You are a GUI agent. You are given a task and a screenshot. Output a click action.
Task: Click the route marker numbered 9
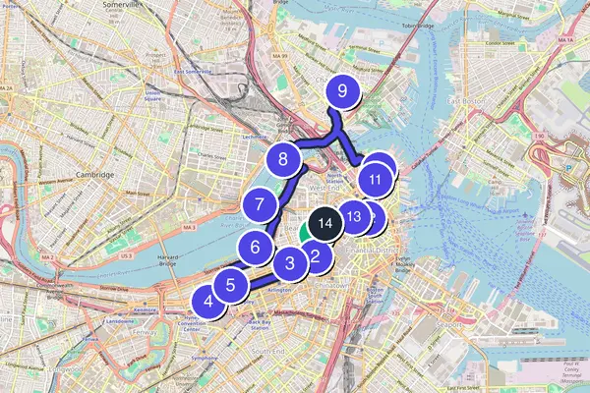(342, 92)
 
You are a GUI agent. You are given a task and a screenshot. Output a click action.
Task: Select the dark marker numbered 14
(325, 223)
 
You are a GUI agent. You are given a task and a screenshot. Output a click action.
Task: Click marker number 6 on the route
(255, 247)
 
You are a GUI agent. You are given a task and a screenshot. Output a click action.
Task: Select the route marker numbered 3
(290, 262)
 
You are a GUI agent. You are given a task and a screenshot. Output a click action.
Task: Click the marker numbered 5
(230, 286)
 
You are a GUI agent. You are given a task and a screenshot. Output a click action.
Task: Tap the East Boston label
(466, 100)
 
